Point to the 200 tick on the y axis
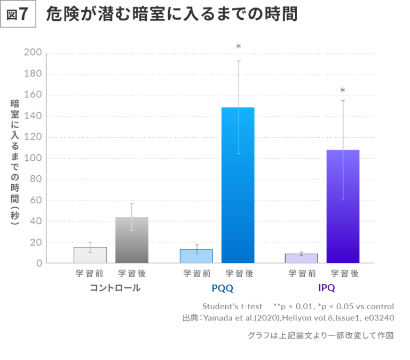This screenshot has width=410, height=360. click(33, 53)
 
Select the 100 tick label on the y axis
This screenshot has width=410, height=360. click(33, 158)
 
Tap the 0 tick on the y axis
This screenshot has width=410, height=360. click(38, 263)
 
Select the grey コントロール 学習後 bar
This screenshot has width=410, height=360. click(132, 240)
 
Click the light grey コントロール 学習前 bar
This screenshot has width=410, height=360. click(90, 255)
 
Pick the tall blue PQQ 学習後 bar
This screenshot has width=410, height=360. click(238, 185)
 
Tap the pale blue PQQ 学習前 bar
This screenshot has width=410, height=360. click(196, 256)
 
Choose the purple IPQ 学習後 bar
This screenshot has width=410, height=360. click(343, 207)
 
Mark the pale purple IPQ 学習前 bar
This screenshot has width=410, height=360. click(301, 259)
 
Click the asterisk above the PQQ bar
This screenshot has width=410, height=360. click(239, 47)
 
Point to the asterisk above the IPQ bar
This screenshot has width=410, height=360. click(343, 91)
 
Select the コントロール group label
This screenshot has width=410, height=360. click(115, 288)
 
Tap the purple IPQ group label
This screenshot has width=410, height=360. click(326, 288)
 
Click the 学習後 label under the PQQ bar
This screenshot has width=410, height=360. click(239, 273)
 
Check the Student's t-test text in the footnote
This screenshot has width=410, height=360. click(232, 307)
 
